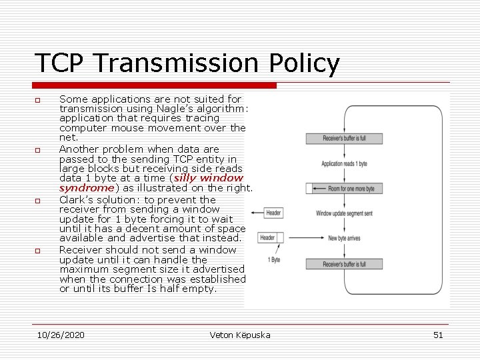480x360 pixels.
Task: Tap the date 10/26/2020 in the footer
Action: [61, 335]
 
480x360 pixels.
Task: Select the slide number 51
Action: [437, 335]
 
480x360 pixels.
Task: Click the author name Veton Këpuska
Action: [239, 335]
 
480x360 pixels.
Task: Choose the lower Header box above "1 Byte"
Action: [267, 237]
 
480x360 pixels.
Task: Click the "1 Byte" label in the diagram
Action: [273, 259]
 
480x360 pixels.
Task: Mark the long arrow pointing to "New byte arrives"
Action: [304, 238]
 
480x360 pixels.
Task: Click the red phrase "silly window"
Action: [209, 178]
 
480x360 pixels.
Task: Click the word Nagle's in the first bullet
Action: [197, 109]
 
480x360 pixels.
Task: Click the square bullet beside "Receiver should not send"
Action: [38, 251]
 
